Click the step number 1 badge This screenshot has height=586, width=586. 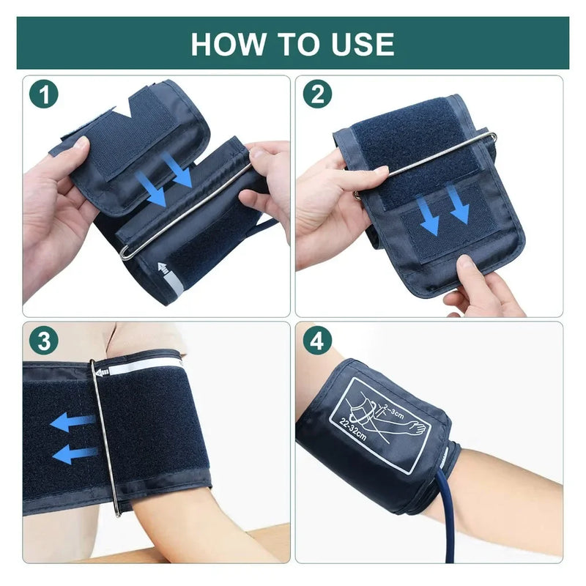[45, 94]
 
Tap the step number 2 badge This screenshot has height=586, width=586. [317, 94]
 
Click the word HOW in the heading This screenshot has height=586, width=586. [223, 44]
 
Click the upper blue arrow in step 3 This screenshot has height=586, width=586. [73, 421]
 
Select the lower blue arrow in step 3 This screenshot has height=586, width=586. [74, 453]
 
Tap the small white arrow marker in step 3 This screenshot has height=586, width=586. [102, 371]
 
